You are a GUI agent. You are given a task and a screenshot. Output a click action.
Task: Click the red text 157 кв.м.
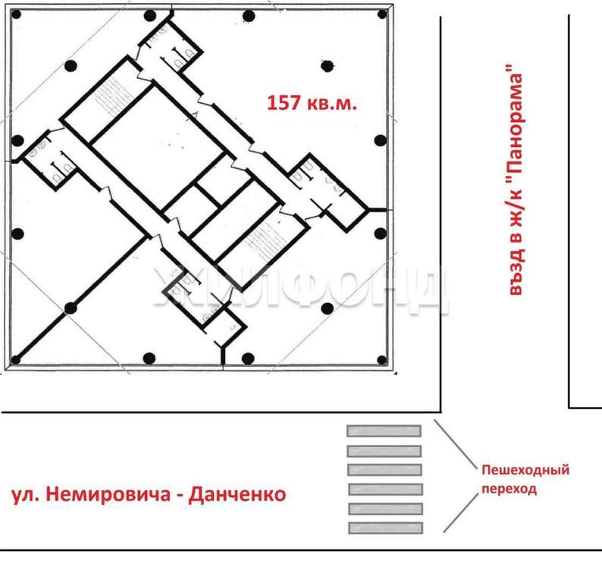click(x=312, y=103)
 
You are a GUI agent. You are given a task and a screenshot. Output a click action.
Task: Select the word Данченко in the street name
click(x=237, y=494)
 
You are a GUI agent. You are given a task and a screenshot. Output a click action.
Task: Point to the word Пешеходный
click(x=525, y=470)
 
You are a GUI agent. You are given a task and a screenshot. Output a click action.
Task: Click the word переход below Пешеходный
click(x=509, y=489)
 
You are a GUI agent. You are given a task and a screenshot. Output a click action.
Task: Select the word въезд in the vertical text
click(x=516, y=271)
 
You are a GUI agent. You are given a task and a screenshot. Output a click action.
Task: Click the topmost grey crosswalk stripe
click(x=384, y=431)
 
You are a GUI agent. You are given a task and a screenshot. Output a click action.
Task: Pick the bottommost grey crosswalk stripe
click(x=385, y=528)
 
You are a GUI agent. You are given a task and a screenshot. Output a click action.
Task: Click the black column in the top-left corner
click(x=16, y=14)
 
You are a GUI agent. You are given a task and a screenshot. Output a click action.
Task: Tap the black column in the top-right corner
click(x=382, y=14)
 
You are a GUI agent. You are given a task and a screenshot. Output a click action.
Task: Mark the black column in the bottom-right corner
click(x=382, y=360)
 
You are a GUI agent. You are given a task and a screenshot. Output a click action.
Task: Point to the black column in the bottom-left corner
click(x=15, y=360)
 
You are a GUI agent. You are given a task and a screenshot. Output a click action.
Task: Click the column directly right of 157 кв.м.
click(x=327, y=66)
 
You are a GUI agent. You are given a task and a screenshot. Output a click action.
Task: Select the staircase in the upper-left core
click(x=111, y=97)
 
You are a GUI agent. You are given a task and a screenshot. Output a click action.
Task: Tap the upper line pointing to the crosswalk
click(x=456, y=444)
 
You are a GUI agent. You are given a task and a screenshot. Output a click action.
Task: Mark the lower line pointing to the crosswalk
click(x=461, y=512)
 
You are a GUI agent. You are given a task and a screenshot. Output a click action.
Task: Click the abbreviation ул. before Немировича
click(x=26, y=495)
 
